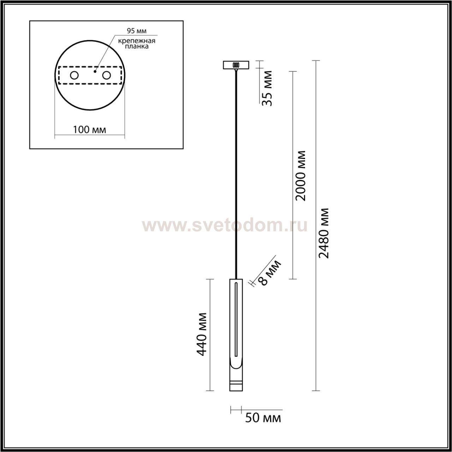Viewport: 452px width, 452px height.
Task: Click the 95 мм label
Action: pyautogui.click(x=137, y=31)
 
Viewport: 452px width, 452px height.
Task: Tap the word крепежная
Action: pyautogui.click(x=137, y=41)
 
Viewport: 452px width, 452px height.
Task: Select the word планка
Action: pyautogui.click(x=137, y=47)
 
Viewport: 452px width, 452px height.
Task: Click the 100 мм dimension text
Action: pyautogui.click(x=89, y=130)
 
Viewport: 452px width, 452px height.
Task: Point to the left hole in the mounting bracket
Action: pyautogui.click(x=75, y=76)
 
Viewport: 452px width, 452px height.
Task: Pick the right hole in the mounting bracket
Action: pyautogui.click(x=107, y=76)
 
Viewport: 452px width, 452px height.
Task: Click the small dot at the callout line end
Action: pyautogui.click(x=95, y=71)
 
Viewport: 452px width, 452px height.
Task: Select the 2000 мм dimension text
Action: pyautogui.click(x=301, y=176)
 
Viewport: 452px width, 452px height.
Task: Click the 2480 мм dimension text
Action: pyautogui.click(x=324, y=233)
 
